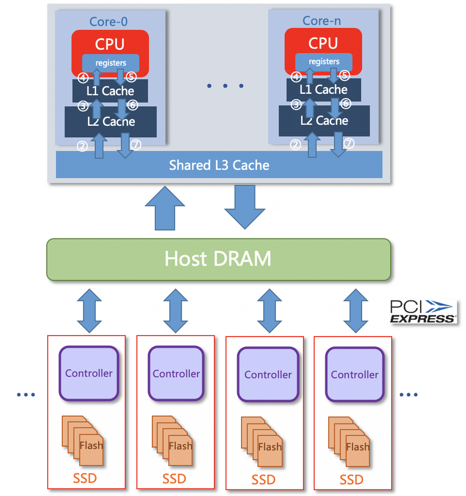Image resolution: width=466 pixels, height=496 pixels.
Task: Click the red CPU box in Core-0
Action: (110, 43)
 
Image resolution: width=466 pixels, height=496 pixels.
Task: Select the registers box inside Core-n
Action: (324, 61)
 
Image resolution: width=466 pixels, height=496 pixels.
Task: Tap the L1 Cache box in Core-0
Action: (110, 91)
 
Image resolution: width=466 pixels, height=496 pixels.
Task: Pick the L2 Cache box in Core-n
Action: (324, 120)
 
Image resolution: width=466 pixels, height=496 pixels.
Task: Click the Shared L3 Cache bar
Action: (219, 165)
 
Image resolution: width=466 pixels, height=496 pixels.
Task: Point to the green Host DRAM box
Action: (218, 259)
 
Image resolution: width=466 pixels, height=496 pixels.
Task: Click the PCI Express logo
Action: (423, 312)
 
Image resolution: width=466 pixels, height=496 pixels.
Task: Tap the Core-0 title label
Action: (110, 22)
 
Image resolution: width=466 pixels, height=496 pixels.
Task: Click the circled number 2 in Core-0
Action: (82, 145)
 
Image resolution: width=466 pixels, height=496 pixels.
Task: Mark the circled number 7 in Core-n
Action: (349, 144)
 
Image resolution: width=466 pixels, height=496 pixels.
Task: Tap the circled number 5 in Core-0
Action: (131, 77)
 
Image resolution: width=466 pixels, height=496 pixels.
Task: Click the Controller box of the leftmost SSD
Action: (89, 373)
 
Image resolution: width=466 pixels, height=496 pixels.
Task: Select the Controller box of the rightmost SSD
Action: (354, 375)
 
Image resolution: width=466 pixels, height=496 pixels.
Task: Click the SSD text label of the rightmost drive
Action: (352, 480)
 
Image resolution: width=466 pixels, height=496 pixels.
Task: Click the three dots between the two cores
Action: (225, 86)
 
